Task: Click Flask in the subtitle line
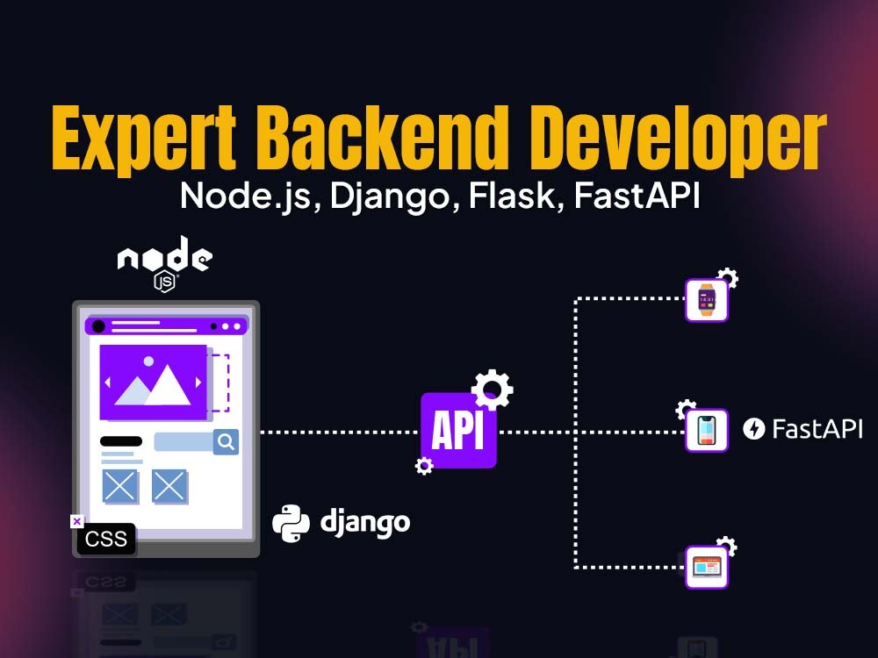click(x=511, y=196)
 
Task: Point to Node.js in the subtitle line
click(x=245, y=197)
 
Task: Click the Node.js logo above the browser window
click(x=165, y=263)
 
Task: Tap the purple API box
click(x=458, y=430)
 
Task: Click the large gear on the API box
click(x=492, y=390)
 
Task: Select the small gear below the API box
click(x=424, y=466)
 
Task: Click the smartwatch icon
click(x=707, y=300)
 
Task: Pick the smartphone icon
click(x=707, y=430)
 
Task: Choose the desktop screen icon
click(x=707, y=568)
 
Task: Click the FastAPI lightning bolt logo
click(x=753, y=429)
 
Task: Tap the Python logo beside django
click(x=291, y=524)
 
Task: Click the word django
click(x=365, y=523)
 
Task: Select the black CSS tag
click(x=106, y=539)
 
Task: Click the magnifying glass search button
click(x=227, y=442)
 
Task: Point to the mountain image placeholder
click(x=153, y=383)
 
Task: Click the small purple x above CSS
click(x=76, y=521)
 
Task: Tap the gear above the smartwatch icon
click(x=727, y=277)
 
